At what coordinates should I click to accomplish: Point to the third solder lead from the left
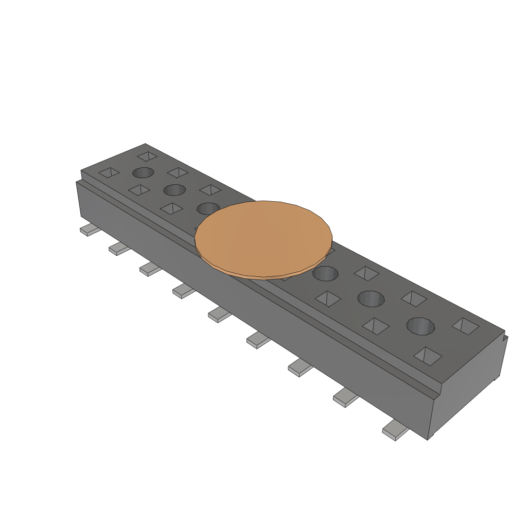pos(151,269)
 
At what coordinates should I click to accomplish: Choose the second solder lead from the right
pos(345,398)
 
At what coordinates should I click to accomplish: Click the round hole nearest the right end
pos(420,326)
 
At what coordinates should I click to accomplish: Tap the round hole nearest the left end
pos(144,172)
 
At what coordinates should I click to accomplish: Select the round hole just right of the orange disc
pos(325,274)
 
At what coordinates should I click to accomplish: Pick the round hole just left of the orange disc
pos(207,208)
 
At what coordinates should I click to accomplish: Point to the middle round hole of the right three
pos(371,298)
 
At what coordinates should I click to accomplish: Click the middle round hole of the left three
pos(174,190)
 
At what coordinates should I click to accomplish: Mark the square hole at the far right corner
pos(466,325)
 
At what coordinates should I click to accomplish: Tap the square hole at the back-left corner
pos(147,155)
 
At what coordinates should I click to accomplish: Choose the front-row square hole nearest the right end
pos(428,356)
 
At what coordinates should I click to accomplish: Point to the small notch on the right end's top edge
pos(504,337)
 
